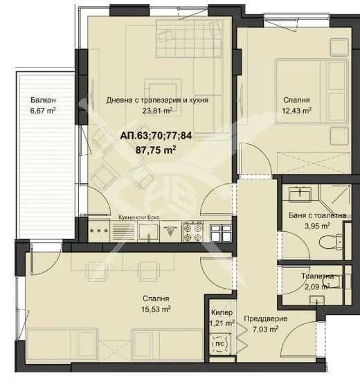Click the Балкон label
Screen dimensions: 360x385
coord(43,100)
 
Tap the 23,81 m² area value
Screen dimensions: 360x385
coord(157,111)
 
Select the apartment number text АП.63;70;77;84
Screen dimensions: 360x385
coord(156,136)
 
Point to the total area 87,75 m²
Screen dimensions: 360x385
coord(156,150)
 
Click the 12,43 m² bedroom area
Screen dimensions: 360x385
coord(296,111)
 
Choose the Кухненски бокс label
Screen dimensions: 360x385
coord(139,217)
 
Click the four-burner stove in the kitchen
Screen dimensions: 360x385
coord(192,231)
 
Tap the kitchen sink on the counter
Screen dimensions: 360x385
coord(148,231)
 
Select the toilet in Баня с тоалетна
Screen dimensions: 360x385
coord(331,242)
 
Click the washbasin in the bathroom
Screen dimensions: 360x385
coord(300,195)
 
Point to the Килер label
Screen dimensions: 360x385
coord(222,312)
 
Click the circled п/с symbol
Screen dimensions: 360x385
coord(219,344)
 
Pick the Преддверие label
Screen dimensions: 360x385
coord(266,319)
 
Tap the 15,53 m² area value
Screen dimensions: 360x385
coord(156,309)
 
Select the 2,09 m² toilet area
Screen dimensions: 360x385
coord(317,287)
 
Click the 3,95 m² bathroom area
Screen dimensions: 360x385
coord(317,226)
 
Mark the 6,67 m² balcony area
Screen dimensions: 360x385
coord(43,111)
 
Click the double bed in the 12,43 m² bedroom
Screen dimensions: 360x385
coord(312,91)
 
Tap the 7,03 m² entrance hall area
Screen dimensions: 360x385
coord(265,329)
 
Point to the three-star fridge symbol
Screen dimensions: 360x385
coord(99,231)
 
